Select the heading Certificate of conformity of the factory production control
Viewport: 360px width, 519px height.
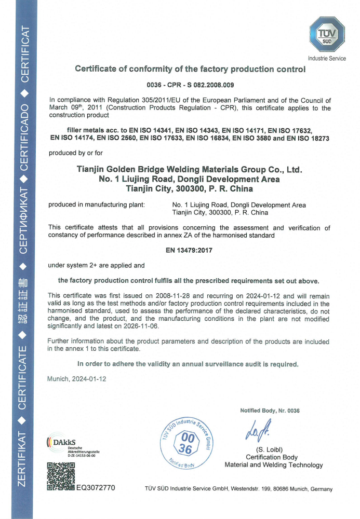coord(190,69)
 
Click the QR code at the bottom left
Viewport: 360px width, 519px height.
coord(61,477)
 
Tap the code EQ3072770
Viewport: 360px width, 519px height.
coord(96,488)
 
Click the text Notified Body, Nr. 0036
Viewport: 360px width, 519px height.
coord(270,411)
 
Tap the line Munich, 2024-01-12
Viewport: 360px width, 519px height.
coord(77,379)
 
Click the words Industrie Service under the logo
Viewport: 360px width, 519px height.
coord(327,59)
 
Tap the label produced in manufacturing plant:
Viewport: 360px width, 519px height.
coord(96,205)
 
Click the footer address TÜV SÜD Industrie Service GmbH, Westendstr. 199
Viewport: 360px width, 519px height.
coord(238,489)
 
